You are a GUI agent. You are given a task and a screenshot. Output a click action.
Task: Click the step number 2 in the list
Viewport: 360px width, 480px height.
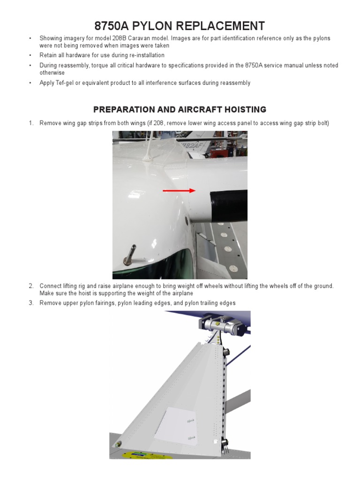(x=31, y=286)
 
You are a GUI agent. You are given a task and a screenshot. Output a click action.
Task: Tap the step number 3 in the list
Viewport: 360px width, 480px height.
(x=31, y=303)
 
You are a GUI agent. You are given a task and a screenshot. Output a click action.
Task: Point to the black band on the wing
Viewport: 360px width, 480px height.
(x=229, y=206)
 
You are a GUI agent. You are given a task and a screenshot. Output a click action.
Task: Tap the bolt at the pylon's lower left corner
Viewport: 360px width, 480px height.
(x=119, y=444)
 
